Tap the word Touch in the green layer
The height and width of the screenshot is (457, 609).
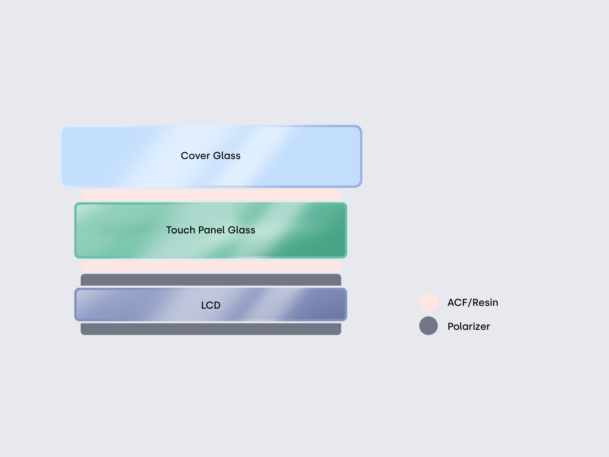[x=181, y=230]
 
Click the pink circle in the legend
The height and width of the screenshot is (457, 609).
[x=428, y=302]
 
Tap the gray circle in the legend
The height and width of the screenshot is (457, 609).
[x=428, y=326]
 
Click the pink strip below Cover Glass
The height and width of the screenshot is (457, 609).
[x=211, y=195]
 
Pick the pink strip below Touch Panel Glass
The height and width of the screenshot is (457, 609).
[x=211, y=266]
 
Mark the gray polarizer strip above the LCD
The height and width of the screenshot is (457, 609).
[x=211, y=280]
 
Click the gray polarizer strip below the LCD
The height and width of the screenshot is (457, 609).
[x=211, y=329]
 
